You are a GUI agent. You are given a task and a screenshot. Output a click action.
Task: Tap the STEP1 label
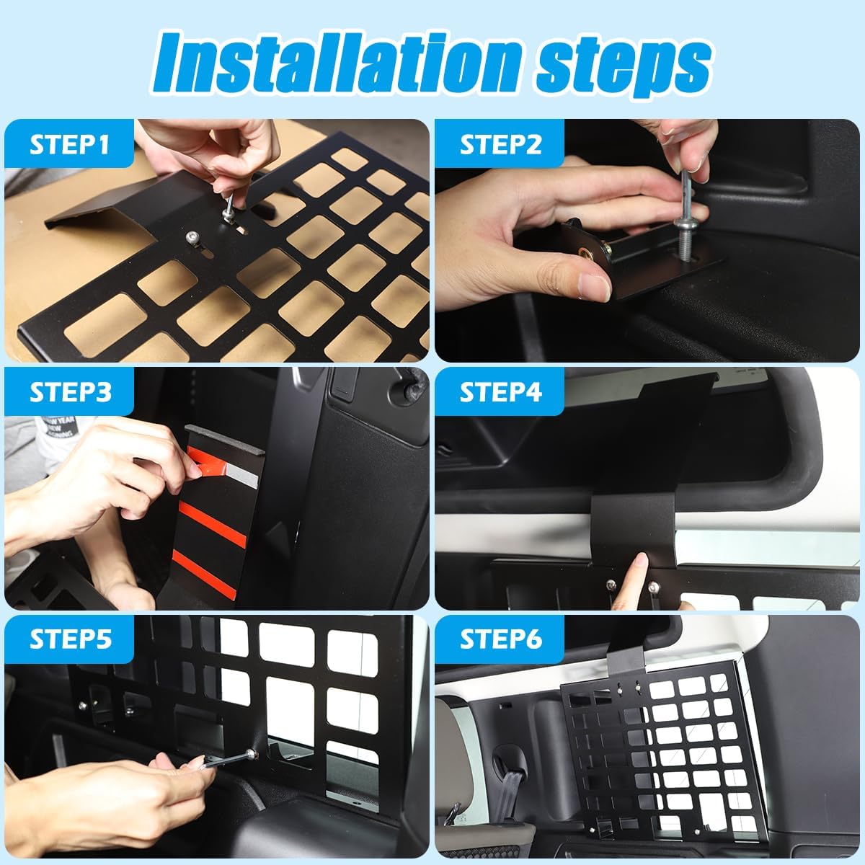tap(69, 144)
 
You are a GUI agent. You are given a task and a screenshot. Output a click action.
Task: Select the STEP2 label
tap(500, 144)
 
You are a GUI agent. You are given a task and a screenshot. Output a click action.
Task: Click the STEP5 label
tap(69, 639)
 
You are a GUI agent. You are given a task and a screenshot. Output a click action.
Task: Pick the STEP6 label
tap(500, 639)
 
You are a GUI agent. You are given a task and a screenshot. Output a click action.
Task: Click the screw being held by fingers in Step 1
tap(229, 209)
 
